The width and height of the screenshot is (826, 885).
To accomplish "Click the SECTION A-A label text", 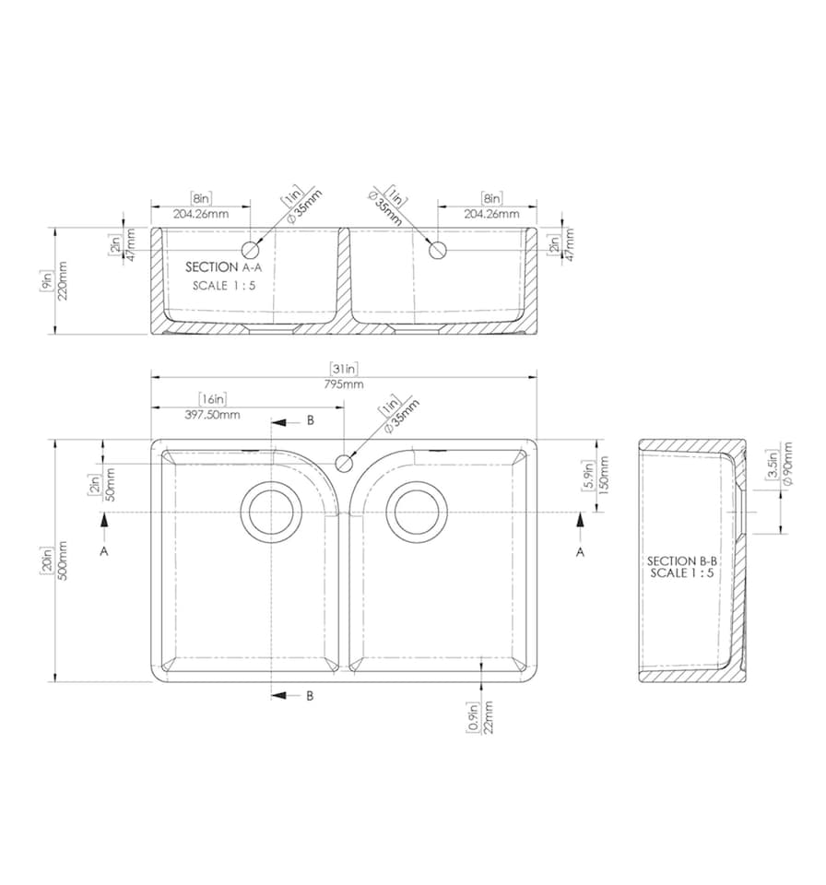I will tap(223, 266).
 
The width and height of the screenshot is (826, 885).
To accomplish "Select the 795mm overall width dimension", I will tap(344, 383).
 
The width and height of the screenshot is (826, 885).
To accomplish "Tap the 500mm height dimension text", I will tap(61, 560).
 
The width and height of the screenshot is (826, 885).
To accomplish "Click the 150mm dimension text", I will tap(604, 476).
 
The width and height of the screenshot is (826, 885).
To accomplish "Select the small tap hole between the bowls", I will tap(344, 463).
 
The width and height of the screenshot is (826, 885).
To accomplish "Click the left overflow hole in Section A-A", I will tap(250, 249).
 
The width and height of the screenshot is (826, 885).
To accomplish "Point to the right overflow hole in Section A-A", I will tap(439, 249).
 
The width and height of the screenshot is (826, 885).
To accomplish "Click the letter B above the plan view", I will tap(310, 420).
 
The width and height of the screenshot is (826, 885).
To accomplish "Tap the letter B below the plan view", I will tap(310, 695).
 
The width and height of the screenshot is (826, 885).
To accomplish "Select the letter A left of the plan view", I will tap(104, 550).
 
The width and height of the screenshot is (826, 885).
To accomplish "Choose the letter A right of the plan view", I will tap(580, 551).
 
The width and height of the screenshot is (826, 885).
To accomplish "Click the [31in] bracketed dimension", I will tap(344, 370).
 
